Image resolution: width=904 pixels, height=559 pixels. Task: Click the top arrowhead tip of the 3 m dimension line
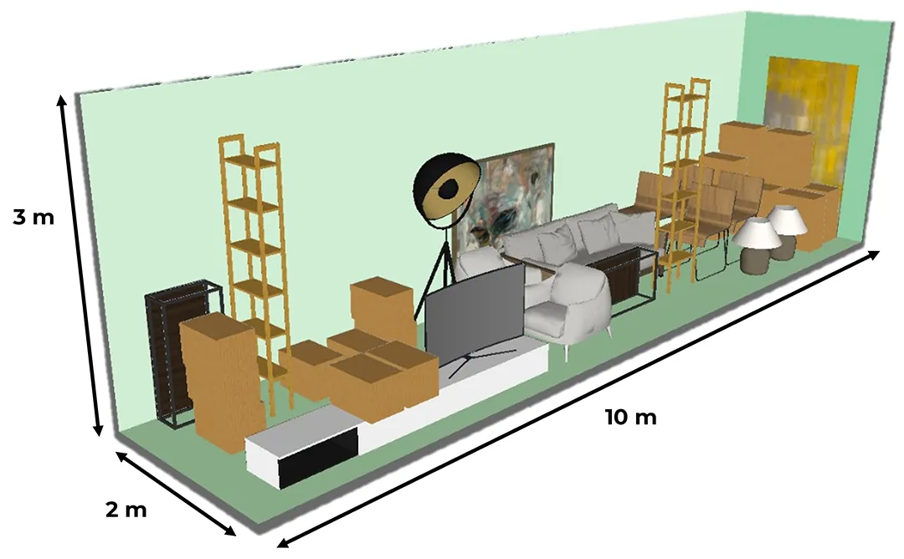(61, 95)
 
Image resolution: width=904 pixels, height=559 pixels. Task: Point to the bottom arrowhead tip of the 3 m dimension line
(99, 436)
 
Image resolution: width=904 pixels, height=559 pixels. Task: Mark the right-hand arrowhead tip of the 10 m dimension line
(880, 251)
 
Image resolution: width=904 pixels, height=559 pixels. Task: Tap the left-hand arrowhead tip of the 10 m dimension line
(277, 546)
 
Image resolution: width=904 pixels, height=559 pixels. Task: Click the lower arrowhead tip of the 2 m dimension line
(236, 536)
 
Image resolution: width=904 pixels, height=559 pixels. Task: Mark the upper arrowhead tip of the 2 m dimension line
(116, 451)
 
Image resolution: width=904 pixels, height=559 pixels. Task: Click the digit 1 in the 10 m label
(610, 416)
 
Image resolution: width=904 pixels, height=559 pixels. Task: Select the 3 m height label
(33, 218)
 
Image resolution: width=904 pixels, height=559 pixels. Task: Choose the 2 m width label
(126, 510)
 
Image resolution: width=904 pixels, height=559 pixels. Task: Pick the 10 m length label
(631, 416)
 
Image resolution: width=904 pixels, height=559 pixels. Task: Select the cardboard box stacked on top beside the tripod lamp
(382, 307)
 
